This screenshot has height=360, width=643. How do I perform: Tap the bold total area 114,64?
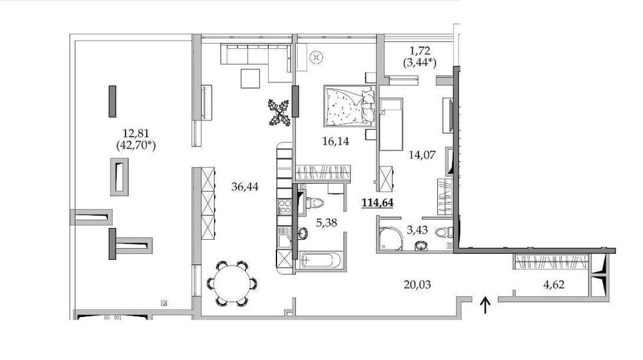(x=379, y=203)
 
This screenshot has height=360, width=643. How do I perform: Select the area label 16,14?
(x=334, y=141)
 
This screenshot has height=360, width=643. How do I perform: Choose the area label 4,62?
(x=550, y=285)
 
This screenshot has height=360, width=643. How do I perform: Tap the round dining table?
(x=232, y=283)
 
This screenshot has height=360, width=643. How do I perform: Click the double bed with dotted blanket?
(x=348, y=105)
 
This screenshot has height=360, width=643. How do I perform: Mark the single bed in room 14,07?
(x=390, y=123)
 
